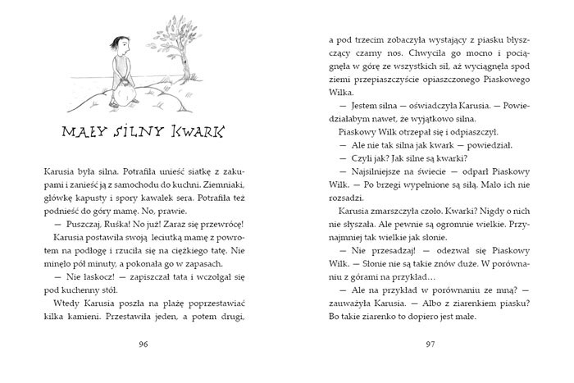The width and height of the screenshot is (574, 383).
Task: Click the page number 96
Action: [143, 343]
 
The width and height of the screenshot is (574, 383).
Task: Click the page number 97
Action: [430, 343]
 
